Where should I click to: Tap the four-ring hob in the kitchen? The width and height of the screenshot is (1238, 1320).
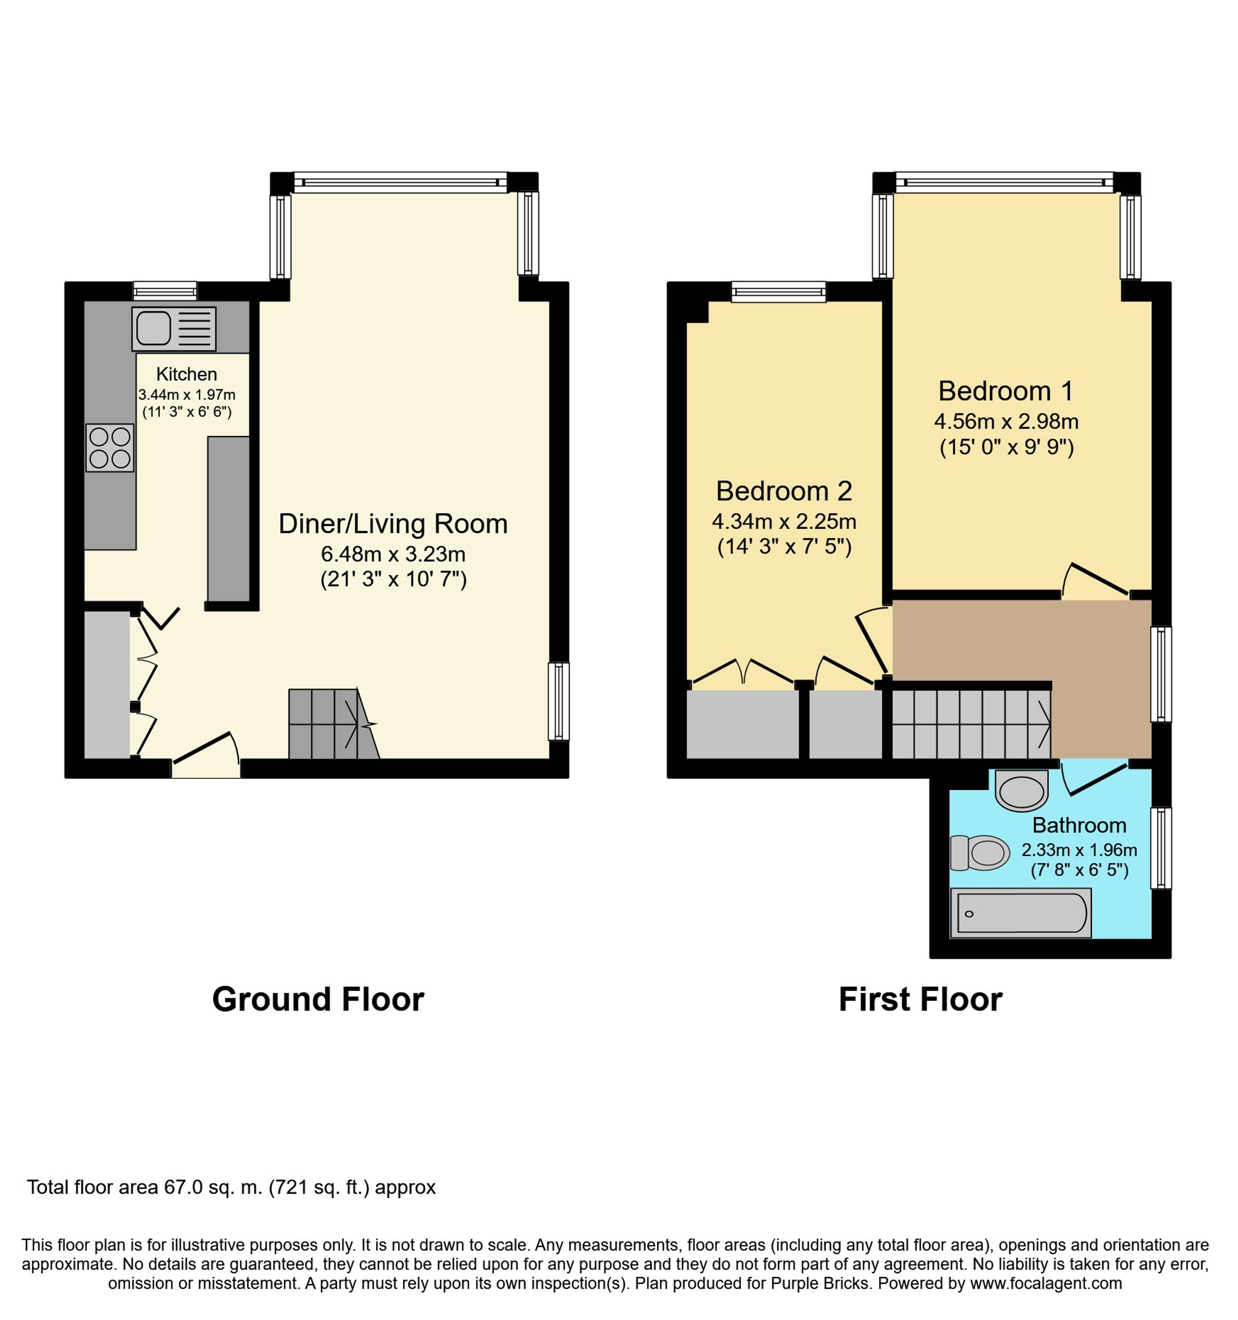tap(110, 448)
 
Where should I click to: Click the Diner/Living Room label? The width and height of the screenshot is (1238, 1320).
tap(393, 524)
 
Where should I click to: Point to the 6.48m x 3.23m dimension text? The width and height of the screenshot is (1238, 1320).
tap(393, 554)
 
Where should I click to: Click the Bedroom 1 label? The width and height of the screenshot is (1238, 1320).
tap(1006, 391)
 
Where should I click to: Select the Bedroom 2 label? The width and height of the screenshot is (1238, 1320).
tap(784, 491)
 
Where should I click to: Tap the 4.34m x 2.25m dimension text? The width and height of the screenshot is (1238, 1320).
tap(784, 521)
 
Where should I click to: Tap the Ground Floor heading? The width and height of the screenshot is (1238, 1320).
tap(318, 999)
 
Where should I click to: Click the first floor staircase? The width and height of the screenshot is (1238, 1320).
tap(971, 724)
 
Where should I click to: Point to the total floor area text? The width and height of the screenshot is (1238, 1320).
tap(231, 1187)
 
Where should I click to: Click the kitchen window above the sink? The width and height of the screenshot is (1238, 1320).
tap(165, 291)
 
